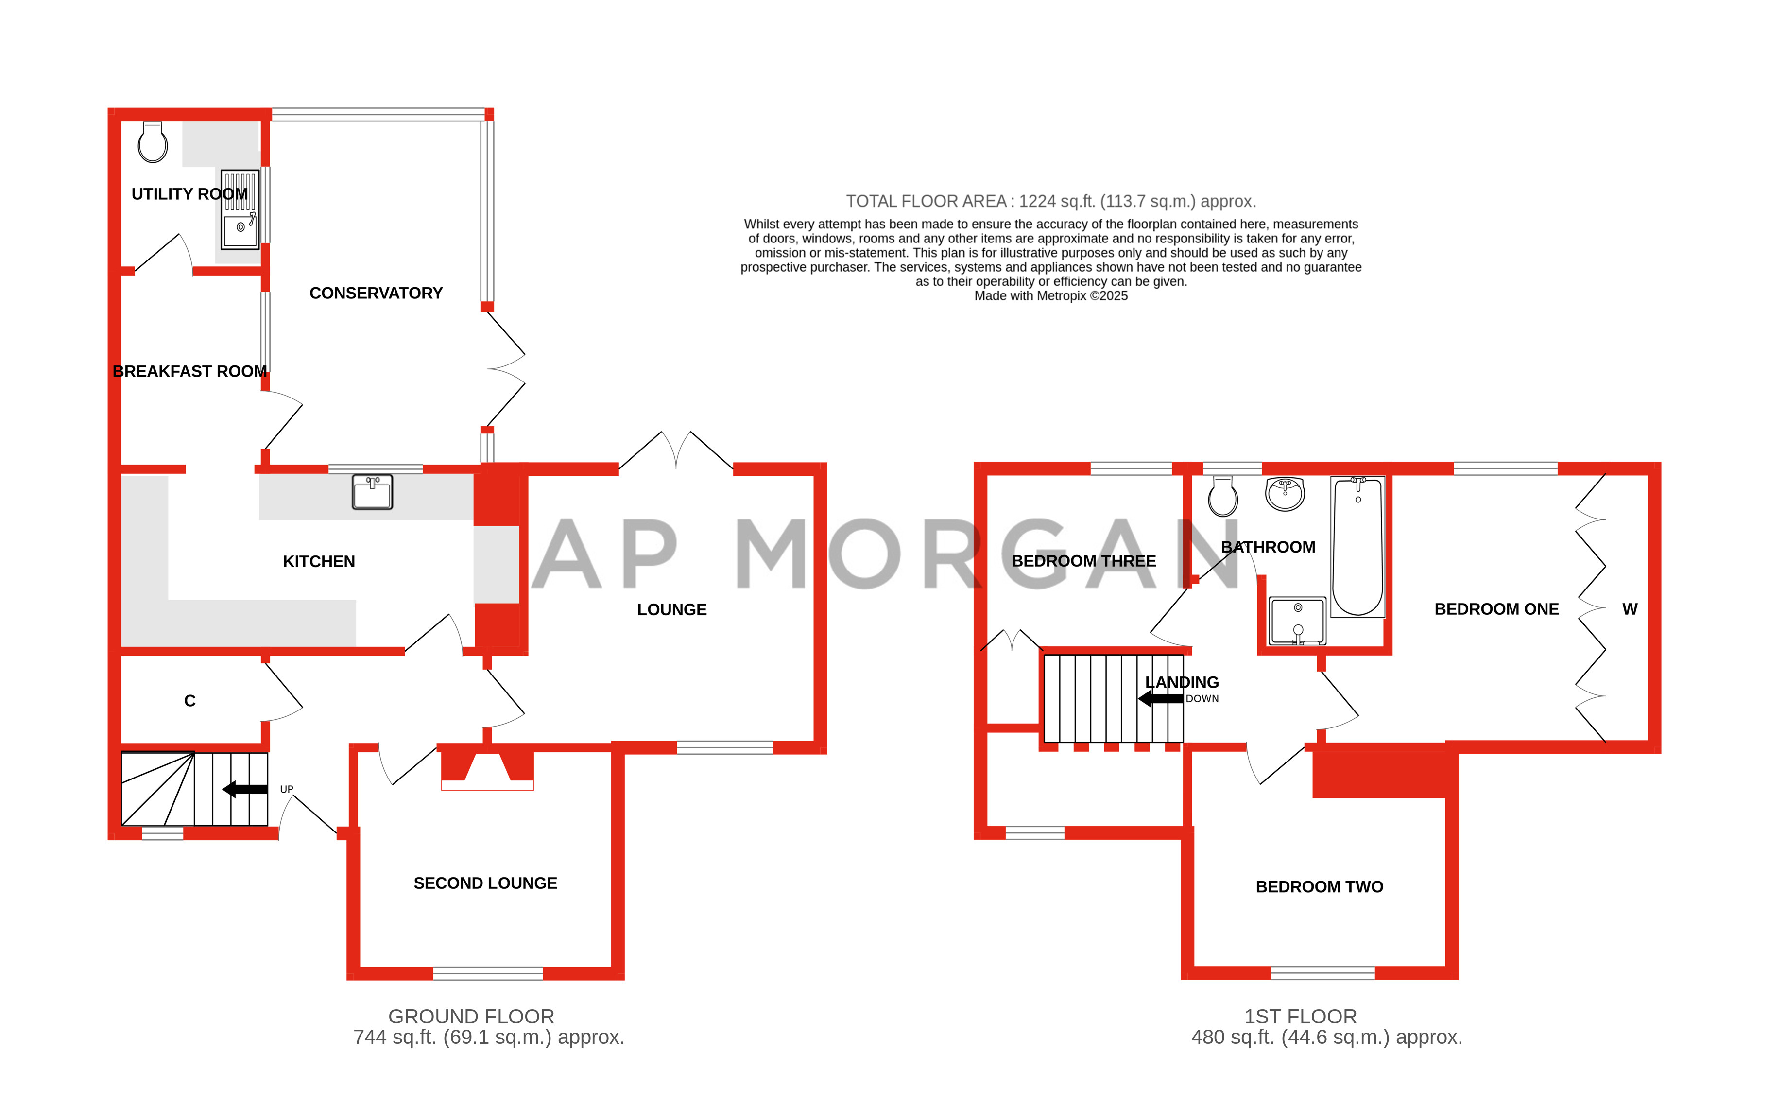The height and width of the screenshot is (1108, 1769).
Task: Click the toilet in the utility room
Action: pyautogui.click(x=153, y=142)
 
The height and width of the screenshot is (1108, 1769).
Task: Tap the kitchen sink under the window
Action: pyautogui.click(x=372, y=492)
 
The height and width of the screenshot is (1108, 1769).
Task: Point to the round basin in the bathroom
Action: pyautogui.click(x=1285, y=493)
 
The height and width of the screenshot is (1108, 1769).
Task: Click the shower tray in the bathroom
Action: pyautogui.click(x=1297, y=621)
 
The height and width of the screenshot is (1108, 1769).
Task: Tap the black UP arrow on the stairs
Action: pyautogui.click(x=245, y=789)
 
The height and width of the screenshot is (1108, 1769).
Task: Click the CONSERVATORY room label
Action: pyautogui.click(x=376, y=293)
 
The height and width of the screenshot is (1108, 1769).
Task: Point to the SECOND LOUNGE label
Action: pyautogui.click(x=485, y=883)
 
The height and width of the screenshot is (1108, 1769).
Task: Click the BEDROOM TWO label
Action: pyautogui.click(x=1319, y=887)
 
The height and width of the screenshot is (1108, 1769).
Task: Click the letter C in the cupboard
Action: pyautogui.click(x=189, y=701)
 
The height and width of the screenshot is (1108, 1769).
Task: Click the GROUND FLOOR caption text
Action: pyautogui.click(x=471, y=1017)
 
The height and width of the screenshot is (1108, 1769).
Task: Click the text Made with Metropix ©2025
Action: pyautogui.click(x=1050, y=296)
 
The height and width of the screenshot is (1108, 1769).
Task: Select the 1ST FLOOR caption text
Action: pyautogui.click(x=1300, y=1017)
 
